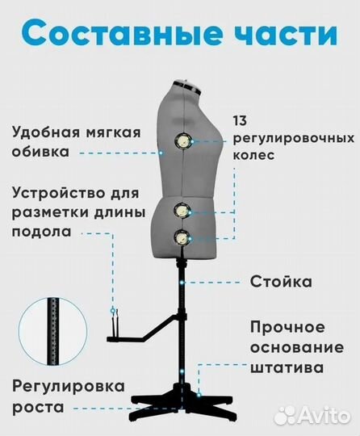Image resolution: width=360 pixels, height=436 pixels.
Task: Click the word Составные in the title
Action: click(x=123, y=33)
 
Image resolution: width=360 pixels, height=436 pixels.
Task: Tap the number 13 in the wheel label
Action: click(x=240, y=121)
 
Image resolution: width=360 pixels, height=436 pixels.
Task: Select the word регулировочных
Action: click(x=294, y=139)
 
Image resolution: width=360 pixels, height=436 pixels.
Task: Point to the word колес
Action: click(x=253, y=155)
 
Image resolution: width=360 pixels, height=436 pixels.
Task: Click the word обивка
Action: click(x=40, y=152)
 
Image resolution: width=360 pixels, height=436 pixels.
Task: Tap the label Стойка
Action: click(x=281, y=282)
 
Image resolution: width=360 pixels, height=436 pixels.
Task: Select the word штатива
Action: click(x=287, y=367)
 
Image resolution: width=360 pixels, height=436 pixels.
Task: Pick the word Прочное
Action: click(x=287, y=328)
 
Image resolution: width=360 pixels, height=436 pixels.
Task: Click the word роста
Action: click(x=39, y=408)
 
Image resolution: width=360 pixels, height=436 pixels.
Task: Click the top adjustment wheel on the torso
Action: click(x=183, y=141)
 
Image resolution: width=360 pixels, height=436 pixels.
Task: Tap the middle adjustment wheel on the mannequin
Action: click(x=182, y=212)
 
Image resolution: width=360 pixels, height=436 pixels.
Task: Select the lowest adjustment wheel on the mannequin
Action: click(x=182, y=238)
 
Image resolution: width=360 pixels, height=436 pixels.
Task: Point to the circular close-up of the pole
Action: click(x=52, y=331)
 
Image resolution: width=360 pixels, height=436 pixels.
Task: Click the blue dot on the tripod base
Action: click(x=199, y=394)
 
